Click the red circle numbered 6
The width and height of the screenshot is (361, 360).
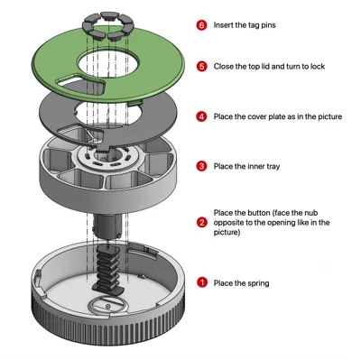(201, 25)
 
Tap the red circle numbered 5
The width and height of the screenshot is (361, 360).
(201, 66)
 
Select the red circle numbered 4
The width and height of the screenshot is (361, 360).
(201, 116)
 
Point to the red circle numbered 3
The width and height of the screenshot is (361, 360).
(201, 166)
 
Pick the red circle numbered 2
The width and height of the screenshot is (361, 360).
(201, 223)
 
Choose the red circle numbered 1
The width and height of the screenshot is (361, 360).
(201, 282)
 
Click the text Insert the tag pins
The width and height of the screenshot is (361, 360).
(245, 25)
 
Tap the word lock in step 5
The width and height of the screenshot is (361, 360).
(318, 66)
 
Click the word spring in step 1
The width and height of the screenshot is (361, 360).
(258, 283)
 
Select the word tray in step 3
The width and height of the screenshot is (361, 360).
(273, 166)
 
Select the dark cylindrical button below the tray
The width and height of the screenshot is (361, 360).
(108, 226)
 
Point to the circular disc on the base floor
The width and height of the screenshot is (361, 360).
(108, 306)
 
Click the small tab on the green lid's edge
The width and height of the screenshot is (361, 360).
(134, 103)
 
